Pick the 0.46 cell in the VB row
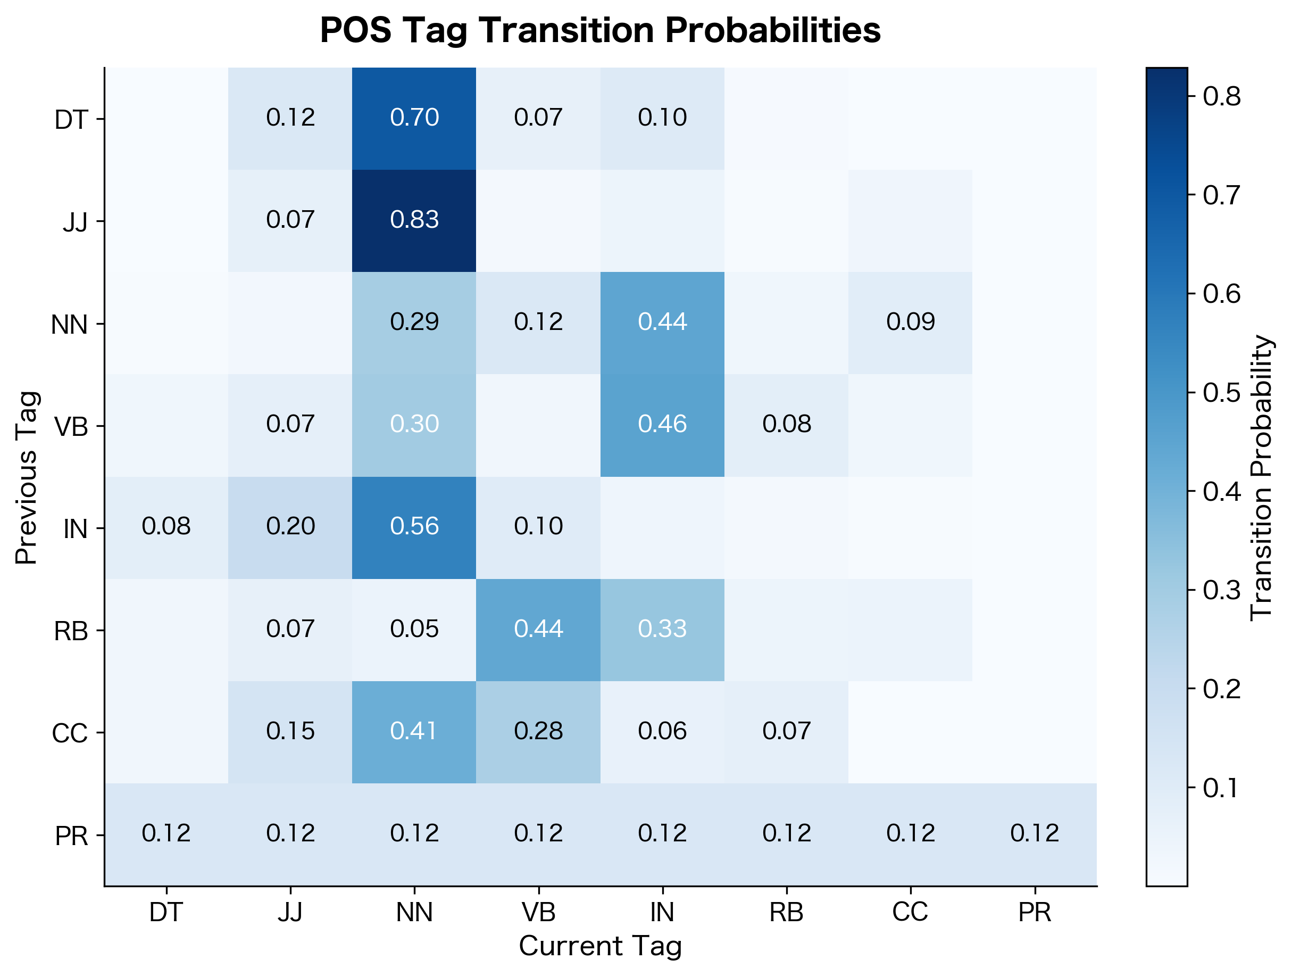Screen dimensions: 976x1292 662,425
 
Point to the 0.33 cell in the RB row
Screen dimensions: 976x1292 662,630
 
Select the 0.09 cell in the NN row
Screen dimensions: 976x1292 910,322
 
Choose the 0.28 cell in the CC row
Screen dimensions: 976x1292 538,732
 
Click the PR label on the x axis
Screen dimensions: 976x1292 1035,912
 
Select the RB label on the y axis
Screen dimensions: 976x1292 71,632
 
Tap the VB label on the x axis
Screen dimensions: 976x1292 538,912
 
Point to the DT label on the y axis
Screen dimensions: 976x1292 71,120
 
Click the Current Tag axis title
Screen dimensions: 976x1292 600,946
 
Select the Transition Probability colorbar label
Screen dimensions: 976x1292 1261,477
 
